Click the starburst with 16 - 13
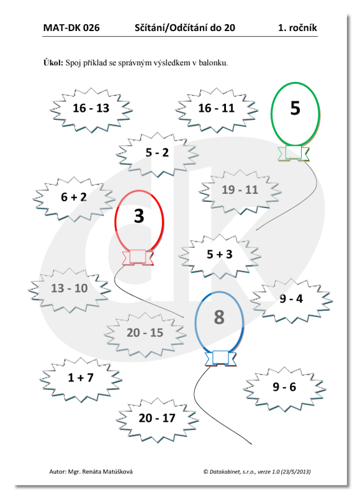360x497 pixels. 91,110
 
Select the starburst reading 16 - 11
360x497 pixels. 217,110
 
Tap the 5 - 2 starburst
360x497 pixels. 157,154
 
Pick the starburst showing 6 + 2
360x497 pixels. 74,199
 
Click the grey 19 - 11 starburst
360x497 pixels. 240,191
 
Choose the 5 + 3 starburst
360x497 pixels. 220,256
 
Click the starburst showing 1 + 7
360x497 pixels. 81,380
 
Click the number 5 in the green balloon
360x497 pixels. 295,108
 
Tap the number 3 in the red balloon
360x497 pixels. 139,216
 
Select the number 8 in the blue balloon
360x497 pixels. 219,317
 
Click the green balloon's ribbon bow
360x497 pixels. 294,153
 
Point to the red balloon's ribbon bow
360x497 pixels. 138,257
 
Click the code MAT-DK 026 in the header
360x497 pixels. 71,28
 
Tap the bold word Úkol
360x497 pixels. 53,63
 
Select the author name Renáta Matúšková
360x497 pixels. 107,472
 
